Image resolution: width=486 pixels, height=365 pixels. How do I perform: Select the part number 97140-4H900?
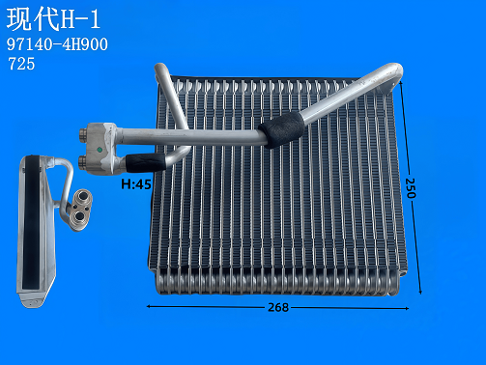coord(57,44)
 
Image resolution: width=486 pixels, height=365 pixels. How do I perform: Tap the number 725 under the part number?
coord(22,65)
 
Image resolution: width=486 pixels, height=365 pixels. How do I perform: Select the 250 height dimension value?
coord(410,187)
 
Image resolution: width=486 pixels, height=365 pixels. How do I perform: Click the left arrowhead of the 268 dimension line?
coord(148,307)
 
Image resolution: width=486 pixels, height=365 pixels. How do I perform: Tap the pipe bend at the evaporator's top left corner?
coord(159,70)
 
